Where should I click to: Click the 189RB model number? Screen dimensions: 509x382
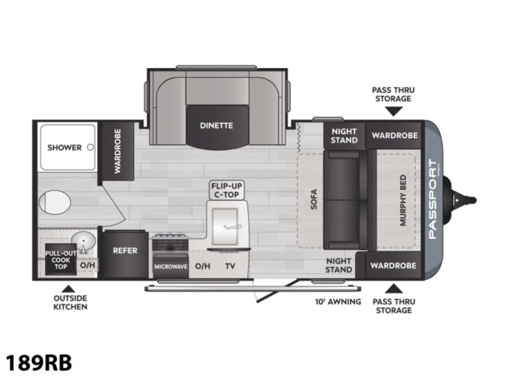tap(39, 362)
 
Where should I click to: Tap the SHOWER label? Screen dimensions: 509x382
tap(64, 148)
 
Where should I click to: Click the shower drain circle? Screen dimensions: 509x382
tap(90, 147)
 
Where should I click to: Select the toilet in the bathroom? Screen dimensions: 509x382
tap(55, 202)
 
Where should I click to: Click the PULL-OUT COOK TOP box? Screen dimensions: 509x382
tap(60, 259)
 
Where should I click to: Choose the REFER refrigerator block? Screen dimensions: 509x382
tap(125, 254)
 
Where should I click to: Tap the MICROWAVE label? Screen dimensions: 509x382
tap(171, 267)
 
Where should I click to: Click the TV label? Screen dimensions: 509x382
tap(230, 266)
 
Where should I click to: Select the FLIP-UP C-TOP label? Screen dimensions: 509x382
tap(227, 190)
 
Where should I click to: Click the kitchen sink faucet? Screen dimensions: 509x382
tap(232, 227)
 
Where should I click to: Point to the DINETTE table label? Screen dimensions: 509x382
tap(216, 125)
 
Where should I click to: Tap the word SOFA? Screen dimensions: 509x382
tap(314, 199)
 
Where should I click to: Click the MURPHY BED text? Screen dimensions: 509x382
tap(403, 200)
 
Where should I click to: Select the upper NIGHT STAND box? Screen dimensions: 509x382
tap(344, 136)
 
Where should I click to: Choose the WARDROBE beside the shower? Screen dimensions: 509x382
tap(118, 151)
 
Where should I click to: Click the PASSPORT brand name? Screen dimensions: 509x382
tap(433, 199)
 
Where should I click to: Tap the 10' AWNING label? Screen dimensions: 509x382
tap(338, 302)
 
